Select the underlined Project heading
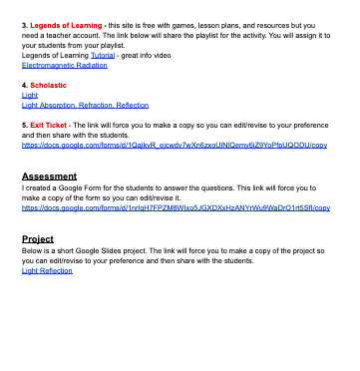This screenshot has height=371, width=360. coord(38,239)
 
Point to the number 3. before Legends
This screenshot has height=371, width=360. coord(25,22)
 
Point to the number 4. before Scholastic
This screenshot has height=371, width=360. coord(25,86)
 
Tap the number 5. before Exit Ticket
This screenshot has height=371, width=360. coord(25,125)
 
